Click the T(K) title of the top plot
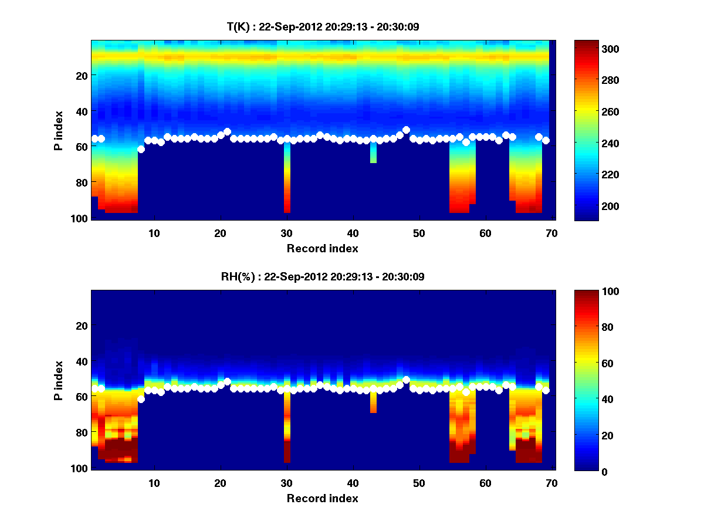coord(323,26)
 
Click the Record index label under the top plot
coord(322,248)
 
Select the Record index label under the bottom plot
coord(322,498)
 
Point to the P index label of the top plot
coord(59,130)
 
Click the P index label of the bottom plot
coord(59,380)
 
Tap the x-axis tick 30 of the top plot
coord(286,233)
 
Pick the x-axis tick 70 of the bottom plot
coord(551,483)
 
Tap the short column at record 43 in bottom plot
coord(373,402)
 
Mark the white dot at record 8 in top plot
coord(141,149)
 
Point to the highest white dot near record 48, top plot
coord(406,130)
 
